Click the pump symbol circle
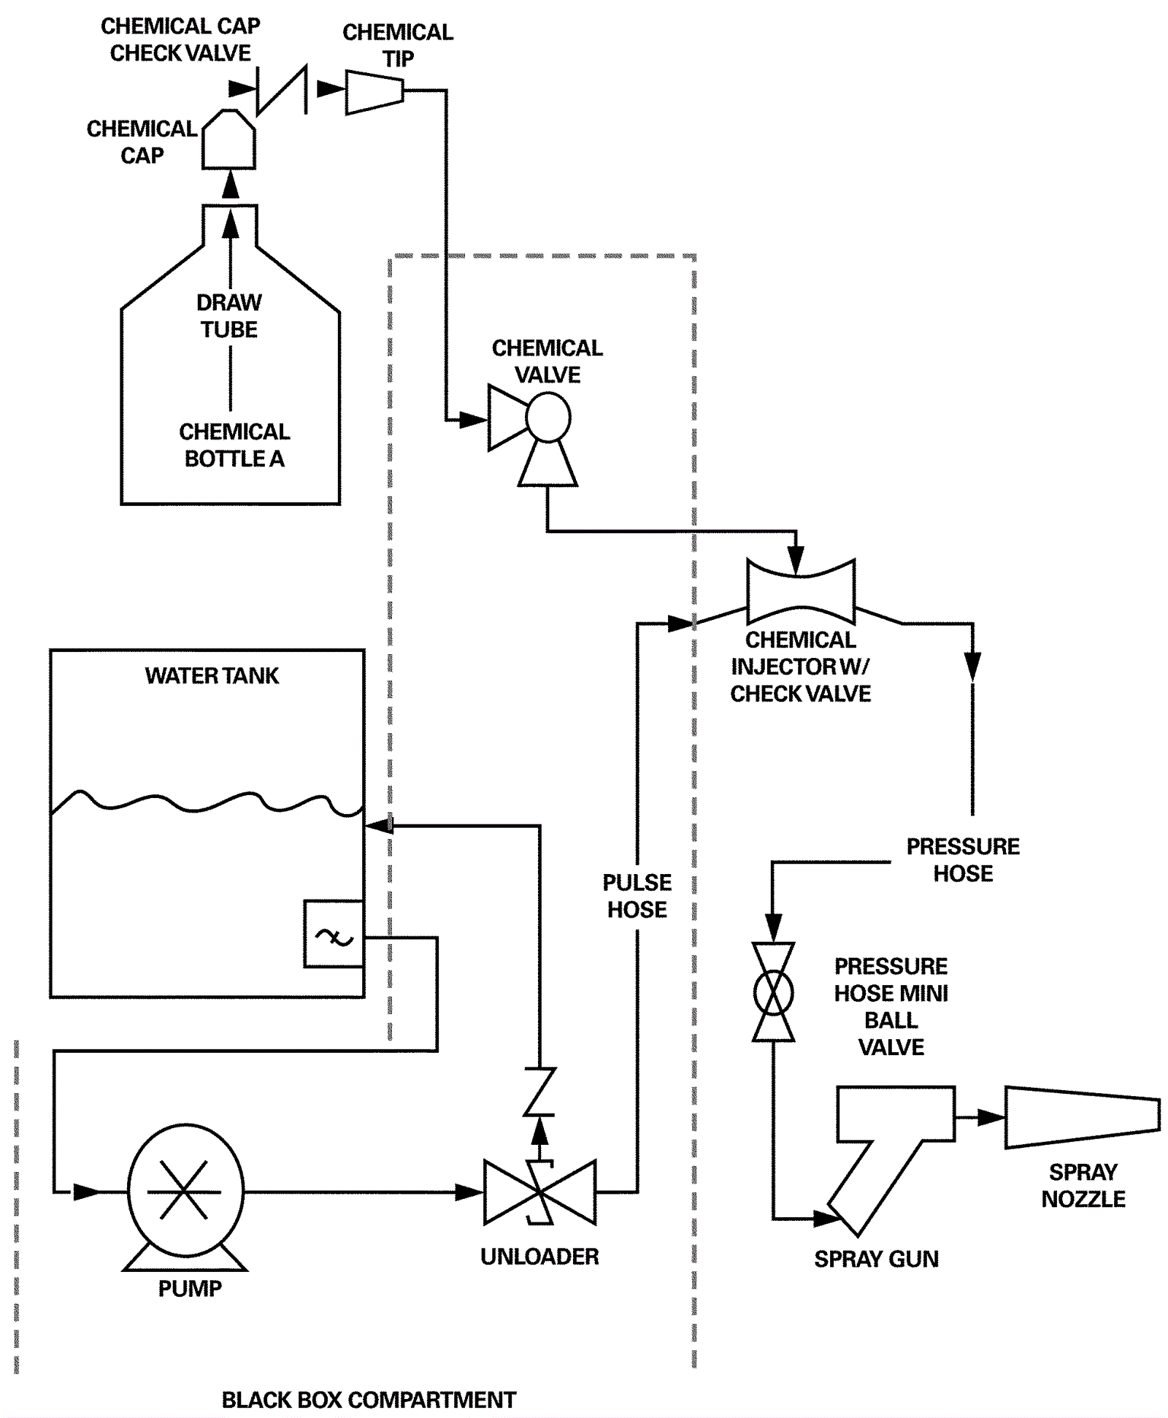[x=185, y=1191]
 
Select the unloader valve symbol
[x=539, y=1192]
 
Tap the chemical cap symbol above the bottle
[x=228, y=141]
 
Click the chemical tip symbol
[x=374, y=92]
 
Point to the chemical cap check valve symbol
[x=282, y=90]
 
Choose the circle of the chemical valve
[x=548, y=417]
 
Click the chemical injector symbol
[x=801, y=591]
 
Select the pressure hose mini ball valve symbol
[x=773, y=992]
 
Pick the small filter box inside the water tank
[x=334, y=934]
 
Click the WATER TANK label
[x=212, y=675]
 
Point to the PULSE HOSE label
[x=637, y=896]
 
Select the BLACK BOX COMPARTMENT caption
[x=369, y=1399]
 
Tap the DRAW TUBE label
[x=229, y=316]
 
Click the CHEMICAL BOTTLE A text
[x=234, y=445]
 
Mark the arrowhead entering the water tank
[x=379, y=826]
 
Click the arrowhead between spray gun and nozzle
[x=990, y=1117]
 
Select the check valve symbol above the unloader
[x=539, y=1092]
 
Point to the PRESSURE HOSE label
[x=963, y=859]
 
